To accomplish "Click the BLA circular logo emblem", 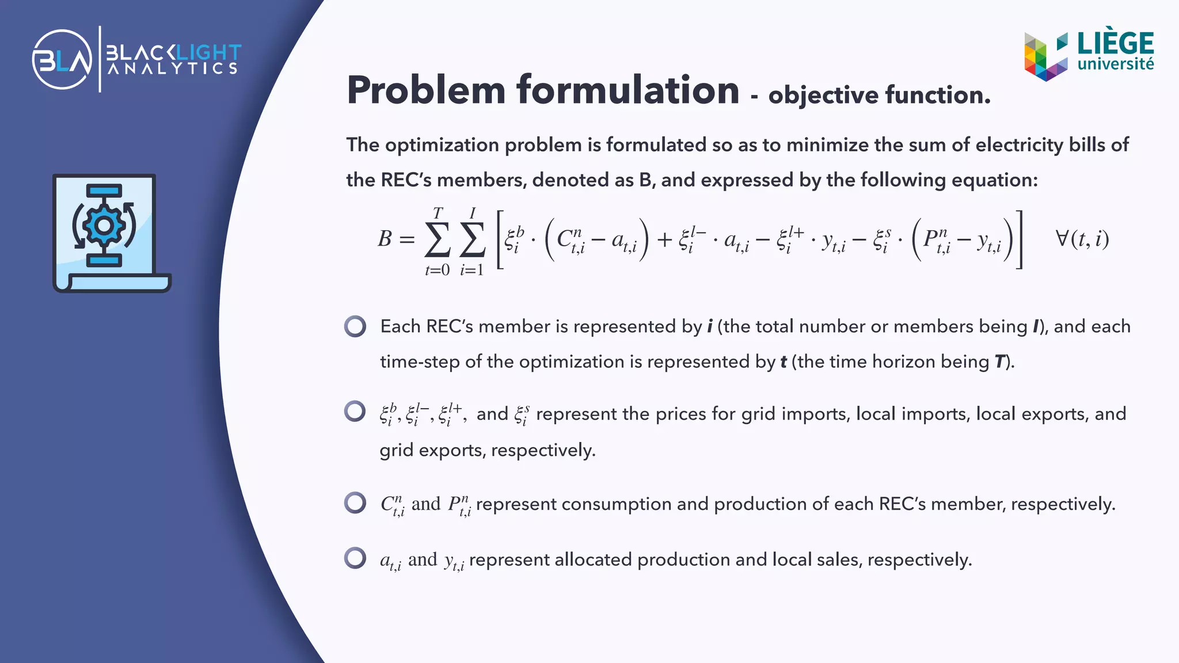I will tap(62, 59).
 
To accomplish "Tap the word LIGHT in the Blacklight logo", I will tap(208, 53).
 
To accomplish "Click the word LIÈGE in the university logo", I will tap(1115, 43).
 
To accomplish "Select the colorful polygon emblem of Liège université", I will tap(1045, 56).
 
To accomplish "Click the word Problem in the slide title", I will tap(426, 90).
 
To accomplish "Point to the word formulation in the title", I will tap(627, 90).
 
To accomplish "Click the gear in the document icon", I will tap(104, 225).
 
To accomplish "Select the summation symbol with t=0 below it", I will tap(438, 239).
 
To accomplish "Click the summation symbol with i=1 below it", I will tap(472, 239).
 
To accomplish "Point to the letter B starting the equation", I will tap(385, 239).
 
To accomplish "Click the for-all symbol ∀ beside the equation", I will tap(1062, 238).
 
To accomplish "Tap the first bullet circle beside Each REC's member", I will tap(355, 326).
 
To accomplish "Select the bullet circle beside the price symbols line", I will tap(355, 411).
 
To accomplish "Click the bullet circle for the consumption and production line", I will tap(355, 502).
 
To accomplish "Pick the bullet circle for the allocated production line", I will tap(355, 558).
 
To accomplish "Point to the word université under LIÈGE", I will tap(1115, 64).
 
